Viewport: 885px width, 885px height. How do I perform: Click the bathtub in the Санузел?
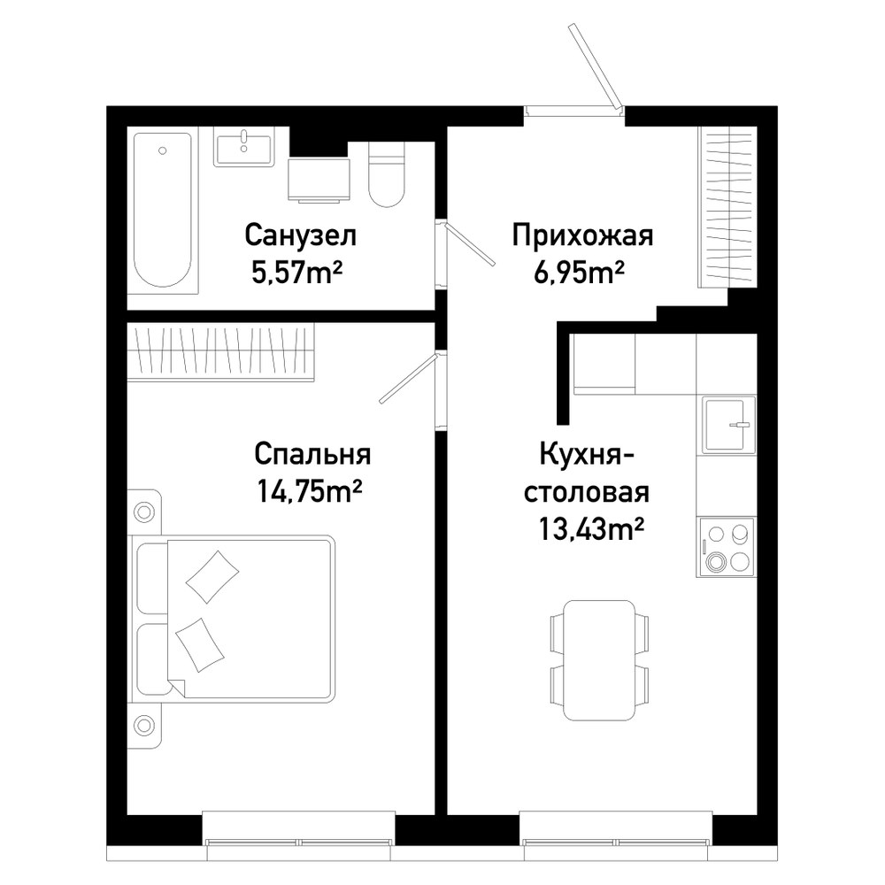(163, 210)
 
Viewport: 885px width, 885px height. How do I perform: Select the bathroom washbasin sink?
(244, 147)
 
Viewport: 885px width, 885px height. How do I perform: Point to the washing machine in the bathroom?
(319, 180)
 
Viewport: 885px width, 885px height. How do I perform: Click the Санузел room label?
(300, 236)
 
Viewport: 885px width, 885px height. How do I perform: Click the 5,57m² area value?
(296, 273)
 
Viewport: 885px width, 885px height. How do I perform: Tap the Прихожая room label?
(582, 236)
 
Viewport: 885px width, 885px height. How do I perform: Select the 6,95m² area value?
(579, 273)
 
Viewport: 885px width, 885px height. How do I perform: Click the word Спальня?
(312, 455)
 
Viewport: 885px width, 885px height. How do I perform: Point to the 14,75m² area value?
(309, 491)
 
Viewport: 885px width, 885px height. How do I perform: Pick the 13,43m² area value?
(591, 529)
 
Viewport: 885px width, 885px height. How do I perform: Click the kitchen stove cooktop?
(726, 547)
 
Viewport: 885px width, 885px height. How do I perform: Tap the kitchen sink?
(728, 426)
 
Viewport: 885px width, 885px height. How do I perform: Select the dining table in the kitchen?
(599, 660)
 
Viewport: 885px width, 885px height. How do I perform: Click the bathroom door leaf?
(470, 244)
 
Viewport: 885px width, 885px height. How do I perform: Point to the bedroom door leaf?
(408, 379)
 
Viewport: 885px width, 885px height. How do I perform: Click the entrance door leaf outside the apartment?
(595, 65)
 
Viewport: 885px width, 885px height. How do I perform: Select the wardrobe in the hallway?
(727, 207)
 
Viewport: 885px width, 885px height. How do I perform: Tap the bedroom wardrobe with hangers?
(220, 352)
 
